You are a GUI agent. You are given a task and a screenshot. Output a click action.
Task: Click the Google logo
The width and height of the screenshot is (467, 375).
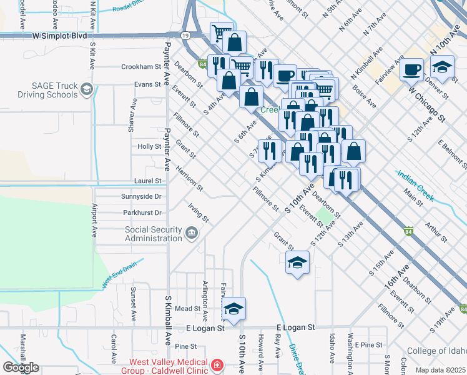pos(21,367)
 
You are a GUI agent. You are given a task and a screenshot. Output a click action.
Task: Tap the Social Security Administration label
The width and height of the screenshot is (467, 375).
pos(154,234)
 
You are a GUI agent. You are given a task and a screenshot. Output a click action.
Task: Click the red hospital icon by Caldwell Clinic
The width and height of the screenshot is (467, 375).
pos(217,364)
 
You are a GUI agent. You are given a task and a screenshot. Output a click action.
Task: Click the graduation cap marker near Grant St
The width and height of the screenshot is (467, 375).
pos(298,263)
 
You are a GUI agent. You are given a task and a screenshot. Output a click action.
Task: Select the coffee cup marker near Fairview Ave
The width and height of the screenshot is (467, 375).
pos(411,69)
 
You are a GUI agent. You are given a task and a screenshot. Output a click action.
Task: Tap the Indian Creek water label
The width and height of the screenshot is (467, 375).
pos(415,186)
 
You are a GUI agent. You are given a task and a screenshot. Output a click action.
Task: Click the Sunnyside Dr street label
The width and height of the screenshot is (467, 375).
pos(142,196)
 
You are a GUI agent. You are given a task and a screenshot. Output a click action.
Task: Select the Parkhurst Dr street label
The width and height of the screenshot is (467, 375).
pos(142,213)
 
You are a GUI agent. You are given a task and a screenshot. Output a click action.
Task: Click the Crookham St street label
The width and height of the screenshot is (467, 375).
pos(141,67)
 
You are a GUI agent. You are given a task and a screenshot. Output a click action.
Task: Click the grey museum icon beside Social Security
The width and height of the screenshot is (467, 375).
pos(192,234)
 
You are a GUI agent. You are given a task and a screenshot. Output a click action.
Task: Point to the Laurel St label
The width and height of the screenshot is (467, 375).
pos(148,181)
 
